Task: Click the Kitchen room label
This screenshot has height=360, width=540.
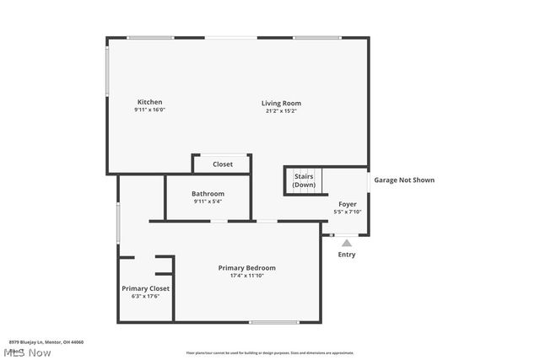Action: click(x=149, y=102)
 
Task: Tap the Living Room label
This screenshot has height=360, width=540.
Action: click(x=281, y=103)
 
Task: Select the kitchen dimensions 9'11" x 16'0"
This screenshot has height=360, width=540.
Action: click(x=149, y=110)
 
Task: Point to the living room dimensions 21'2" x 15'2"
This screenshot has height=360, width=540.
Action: click(x=281, y=110)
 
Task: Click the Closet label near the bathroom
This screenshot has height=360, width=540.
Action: click(x=223, y=164)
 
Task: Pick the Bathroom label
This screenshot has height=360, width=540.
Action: click(x=208, y=193)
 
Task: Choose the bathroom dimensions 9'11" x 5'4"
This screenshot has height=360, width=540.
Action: click(x=208, y=201)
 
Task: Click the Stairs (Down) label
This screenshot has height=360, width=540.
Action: click(x=304, y=180)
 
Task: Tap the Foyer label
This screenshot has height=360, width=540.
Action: click(x=348, y=204)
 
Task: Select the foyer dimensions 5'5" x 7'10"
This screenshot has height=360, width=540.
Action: click(x=348, y=212)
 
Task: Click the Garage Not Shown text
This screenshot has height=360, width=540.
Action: click(x=405, y=180)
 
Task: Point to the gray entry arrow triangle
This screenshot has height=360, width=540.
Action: click(x=347, y=243)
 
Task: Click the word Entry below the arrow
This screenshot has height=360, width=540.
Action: click(x=347, y=255)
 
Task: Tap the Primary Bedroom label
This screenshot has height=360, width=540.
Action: click(x=247, y=267)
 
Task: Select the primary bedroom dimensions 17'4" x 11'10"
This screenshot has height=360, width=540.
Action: click(x=247, y=276)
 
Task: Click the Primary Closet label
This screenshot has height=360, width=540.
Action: click(x=145, y=288)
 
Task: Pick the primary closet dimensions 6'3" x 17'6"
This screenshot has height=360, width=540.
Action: click(x=145, y=297)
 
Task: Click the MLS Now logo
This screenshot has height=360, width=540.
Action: click(x=29, y=352)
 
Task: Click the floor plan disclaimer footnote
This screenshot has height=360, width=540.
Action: click(x=270, y=352)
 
